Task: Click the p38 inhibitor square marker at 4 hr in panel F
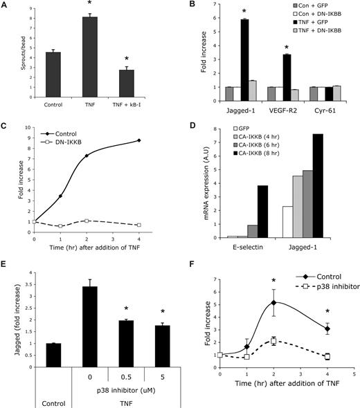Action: click(327, 357)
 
